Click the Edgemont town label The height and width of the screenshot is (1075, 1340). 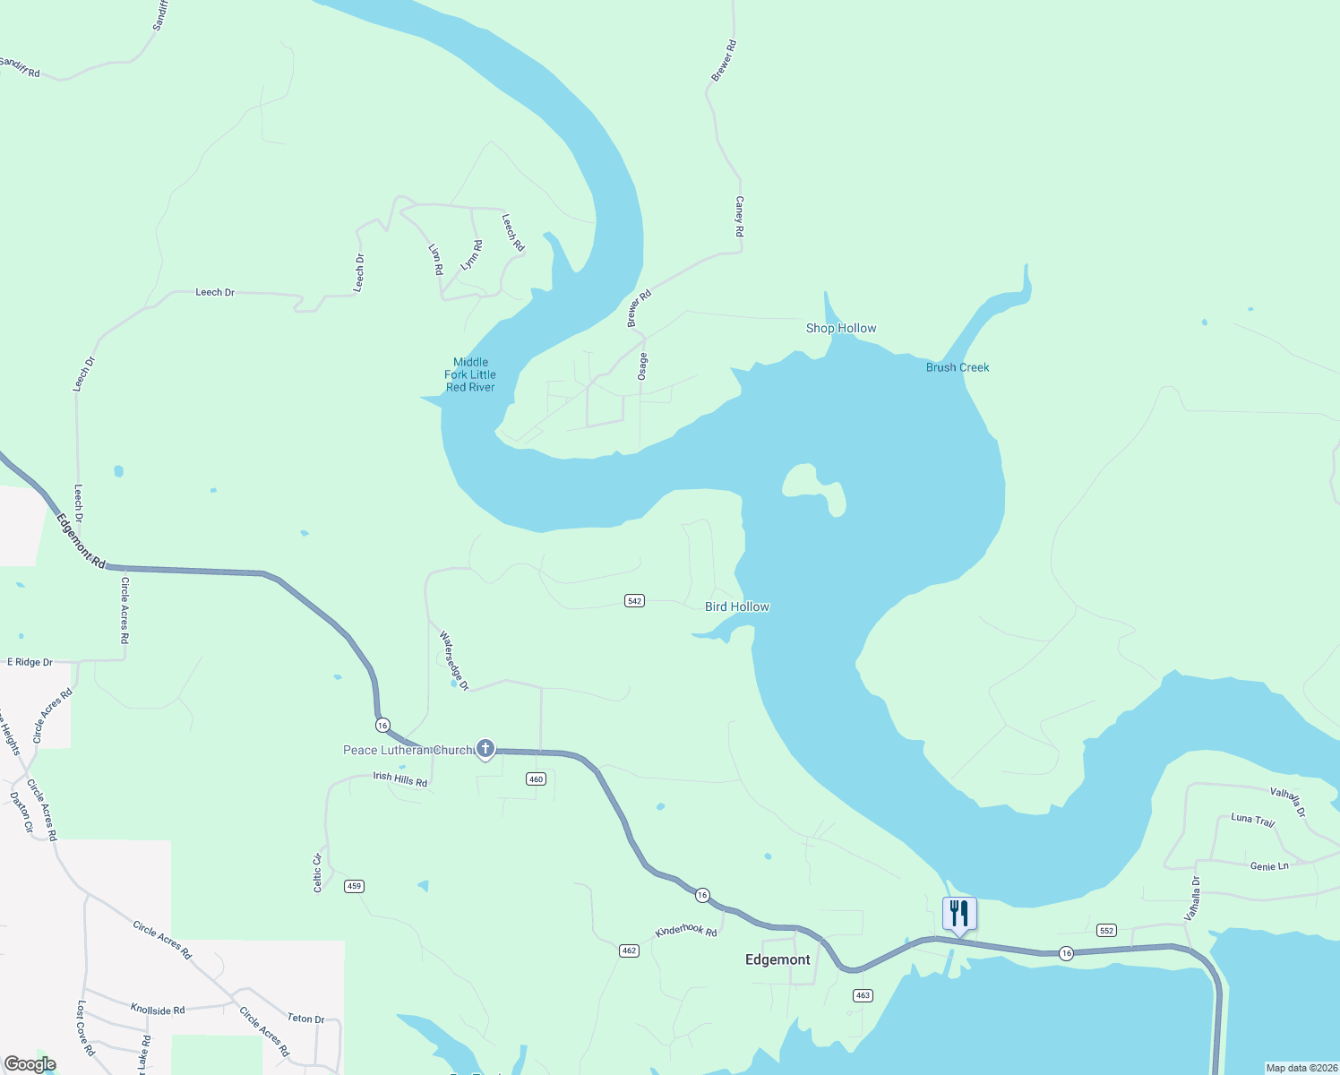coord(777,959)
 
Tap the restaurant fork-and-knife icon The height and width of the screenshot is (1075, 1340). coord(959,914)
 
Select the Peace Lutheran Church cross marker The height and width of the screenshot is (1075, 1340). coord(485,748)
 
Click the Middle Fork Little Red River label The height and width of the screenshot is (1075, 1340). coord(470,374)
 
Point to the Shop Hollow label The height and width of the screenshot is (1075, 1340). coord(841,328)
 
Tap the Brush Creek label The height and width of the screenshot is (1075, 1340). coord(958,367)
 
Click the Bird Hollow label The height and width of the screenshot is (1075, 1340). coord(737,606)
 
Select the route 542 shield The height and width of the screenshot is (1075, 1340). coord(634,601)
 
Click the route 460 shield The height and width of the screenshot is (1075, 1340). coord(536,779)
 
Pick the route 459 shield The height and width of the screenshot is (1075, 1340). coord(354,886)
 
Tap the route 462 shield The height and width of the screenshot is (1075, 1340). coord(629,950)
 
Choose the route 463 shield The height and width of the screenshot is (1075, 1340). coord(863,995)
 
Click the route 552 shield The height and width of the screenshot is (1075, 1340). coord(1106,931)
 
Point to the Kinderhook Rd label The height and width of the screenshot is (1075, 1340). coord(686,931)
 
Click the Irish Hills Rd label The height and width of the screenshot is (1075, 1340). coord(400,778)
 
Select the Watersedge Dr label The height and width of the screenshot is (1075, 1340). coord(454,661)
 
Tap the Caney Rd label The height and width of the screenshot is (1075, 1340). coord(740,217)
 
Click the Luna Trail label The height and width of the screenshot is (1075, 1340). coord(1252,819)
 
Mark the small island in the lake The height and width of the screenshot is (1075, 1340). coord(813,486)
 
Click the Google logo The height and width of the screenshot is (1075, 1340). coord(30,1064)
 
